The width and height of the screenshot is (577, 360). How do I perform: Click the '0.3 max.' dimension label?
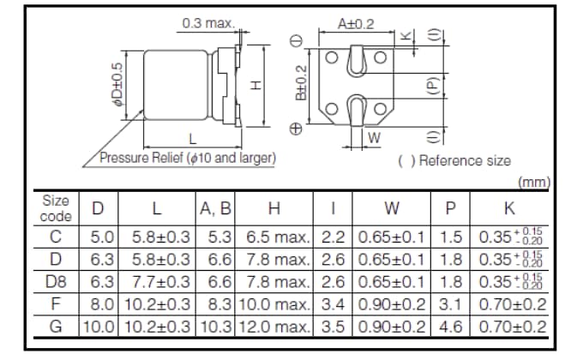[208, 23]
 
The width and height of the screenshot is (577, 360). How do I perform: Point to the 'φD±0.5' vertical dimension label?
[120, 84]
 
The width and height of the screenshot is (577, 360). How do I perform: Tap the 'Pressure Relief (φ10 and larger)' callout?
[188, 159]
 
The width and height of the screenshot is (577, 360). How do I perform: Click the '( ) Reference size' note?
[454, 160]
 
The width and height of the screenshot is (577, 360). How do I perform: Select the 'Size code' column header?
[56, 207]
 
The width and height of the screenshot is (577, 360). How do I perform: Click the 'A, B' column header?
[215, 208]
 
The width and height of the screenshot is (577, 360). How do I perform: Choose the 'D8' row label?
[56, 281]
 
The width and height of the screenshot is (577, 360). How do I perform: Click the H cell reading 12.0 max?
[273, 326]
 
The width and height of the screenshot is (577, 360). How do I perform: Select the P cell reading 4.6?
[450, 326]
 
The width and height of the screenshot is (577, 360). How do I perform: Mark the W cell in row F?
[391, 303]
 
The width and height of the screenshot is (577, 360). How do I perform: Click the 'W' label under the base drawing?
[374, 138]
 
